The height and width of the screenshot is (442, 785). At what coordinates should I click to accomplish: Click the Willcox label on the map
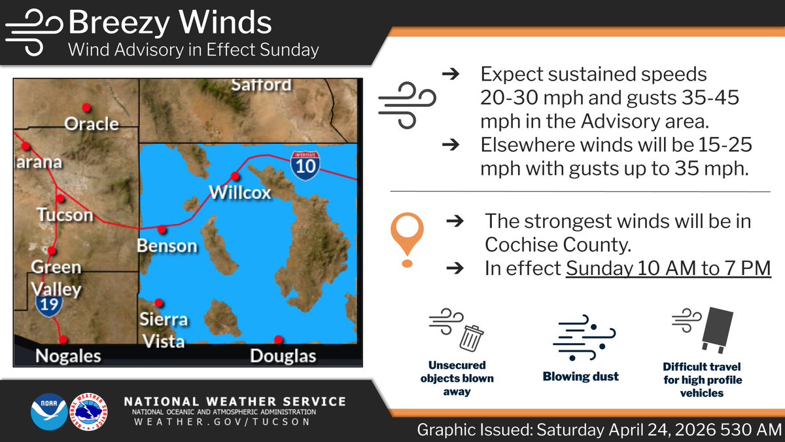point(239,193)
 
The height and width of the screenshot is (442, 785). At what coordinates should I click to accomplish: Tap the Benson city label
point(167,246)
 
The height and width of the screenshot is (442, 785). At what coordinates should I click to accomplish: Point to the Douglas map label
point(283,356)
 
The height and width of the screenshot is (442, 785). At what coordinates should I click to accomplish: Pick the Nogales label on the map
point(68,356)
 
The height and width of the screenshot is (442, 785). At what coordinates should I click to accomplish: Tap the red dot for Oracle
point(85,107)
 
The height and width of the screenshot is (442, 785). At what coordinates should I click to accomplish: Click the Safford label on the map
point(261,85)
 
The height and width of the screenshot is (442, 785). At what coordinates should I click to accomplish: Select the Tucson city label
point(65,215)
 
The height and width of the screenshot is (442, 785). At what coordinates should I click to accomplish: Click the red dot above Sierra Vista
point(159,303)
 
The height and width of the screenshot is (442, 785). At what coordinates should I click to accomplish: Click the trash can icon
point(471,338)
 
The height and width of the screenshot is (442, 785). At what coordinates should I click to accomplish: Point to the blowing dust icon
point(581,341)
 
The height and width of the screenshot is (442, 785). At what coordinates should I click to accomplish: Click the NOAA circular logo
point(48,411)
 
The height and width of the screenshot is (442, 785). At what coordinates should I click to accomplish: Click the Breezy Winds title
point(169,24)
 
